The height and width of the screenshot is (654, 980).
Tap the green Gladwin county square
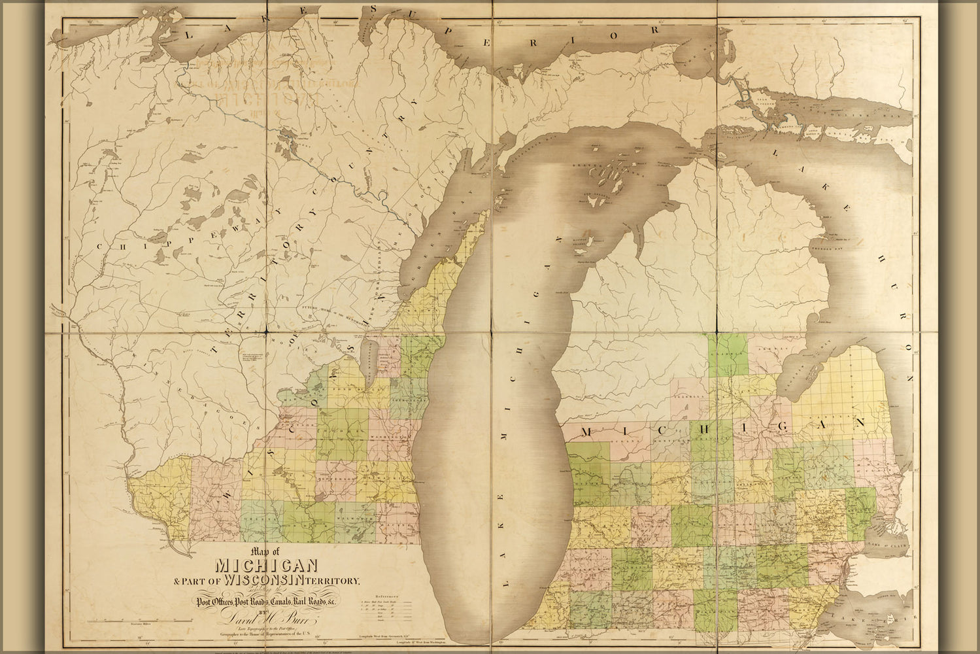point(729,354)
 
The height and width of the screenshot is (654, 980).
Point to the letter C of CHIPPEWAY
point(101,247)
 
